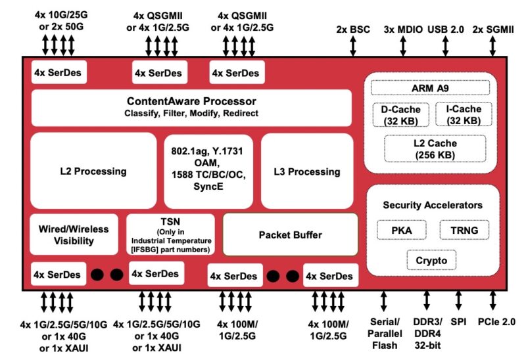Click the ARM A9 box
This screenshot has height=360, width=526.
click(x=431, y=87)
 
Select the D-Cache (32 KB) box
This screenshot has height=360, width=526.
click(x=400, y=114)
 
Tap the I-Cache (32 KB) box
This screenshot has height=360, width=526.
click(x=463, y=114)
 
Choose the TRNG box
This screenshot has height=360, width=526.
click(x=464, y=230)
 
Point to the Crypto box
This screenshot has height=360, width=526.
click(x=431, y=261)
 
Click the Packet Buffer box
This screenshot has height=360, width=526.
click(x=290, y=234)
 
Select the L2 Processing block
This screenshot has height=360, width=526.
click(x=93, y=171)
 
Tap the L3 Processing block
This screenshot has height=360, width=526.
click(x=307, y=171)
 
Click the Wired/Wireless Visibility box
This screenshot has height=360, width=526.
click(x=74, y=235)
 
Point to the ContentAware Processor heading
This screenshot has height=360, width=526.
click(x=191, y=101)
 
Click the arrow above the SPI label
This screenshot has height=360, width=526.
click(x=458, y=302)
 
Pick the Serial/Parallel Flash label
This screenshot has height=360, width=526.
click(x=385, y=333)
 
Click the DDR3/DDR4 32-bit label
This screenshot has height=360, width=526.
click(x=427, y=333)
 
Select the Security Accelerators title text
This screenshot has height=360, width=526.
click(x=433, y=205)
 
